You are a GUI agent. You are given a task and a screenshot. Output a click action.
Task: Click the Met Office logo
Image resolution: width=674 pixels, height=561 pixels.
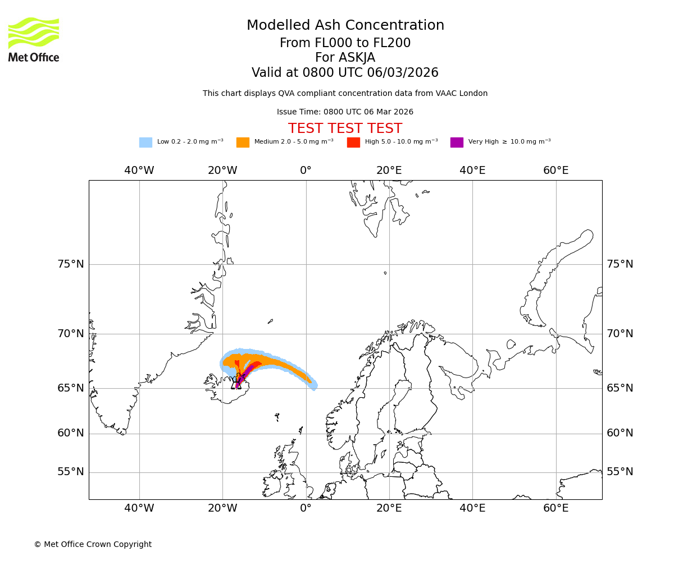click(34, 39)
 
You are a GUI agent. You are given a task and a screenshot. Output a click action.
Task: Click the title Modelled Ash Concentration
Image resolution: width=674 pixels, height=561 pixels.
click(345, 25)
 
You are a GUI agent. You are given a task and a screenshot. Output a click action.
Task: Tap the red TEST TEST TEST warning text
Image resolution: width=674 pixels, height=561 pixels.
click(345, 128)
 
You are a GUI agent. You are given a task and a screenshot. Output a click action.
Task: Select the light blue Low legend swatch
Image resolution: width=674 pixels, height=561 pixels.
click(145, 142)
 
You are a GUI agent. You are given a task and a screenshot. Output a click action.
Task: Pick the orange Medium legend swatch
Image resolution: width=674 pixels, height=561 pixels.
click(243, 142)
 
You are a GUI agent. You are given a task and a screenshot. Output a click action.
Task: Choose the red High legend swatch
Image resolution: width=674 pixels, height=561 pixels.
click(353, 142)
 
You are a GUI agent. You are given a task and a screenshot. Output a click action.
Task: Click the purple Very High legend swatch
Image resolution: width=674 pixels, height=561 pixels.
click(457, 142)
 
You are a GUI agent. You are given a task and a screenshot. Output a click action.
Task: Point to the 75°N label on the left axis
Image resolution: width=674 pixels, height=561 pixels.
click(71, 264)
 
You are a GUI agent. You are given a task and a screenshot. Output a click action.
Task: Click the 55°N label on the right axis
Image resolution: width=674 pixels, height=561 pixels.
click(620, 472)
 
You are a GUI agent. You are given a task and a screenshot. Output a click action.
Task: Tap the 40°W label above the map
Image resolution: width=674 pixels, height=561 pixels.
click(139, 170)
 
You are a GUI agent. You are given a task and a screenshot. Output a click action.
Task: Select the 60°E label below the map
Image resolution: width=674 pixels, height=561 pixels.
click(555, 508)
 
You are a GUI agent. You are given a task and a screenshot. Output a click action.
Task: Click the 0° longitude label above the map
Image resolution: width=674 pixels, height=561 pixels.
click(306, 170)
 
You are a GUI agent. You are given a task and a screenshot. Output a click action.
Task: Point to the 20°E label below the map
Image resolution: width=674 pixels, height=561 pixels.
click(389, 508)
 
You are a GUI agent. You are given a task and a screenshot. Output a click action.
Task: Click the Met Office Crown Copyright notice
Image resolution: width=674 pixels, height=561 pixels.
click(93, 544)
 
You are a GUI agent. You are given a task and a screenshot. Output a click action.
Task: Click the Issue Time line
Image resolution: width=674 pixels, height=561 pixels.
click(345, 112)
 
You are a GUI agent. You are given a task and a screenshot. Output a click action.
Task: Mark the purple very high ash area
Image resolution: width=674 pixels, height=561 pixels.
click(246, 372)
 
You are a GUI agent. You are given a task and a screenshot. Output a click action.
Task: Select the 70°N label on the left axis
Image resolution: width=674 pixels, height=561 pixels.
click(71, 334)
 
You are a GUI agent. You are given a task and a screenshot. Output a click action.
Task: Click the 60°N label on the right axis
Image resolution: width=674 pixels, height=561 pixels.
click(620, 433)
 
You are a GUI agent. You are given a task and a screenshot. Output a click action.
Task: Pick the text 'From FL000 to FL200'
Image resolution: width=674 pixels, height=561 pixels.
click(345, 43)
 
